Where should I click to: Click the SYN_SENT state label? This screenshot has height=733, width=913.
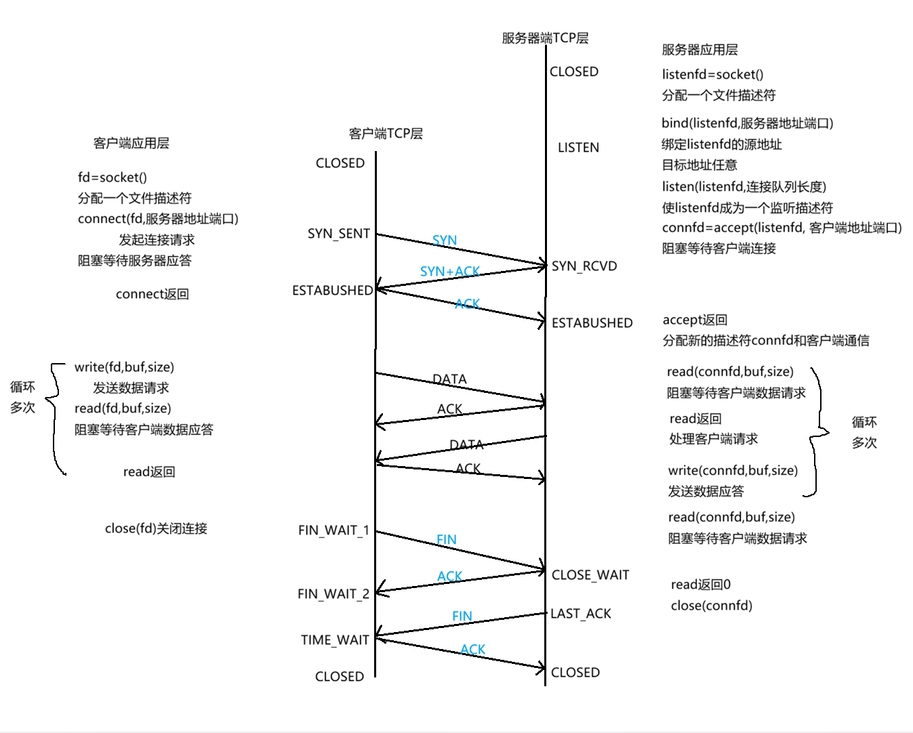(338, 234)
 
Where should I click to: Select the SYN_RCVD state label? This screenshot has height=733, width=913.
(584, 266)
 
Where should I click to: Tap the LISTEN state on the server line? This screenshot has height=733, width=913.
(578, 148)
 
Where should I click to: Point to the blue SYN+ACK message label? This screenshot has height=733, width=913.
(449, 272)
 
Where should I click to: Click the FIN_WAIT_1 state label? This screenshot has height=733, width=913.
(333, 530)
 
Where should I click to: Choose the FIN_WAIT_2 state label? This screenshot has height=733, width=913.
(333, 594)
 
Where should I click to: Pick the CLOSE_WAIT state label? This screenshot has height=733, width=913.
(590, 575)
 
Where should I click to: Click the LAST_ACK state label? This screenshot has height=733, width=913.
(581, 614)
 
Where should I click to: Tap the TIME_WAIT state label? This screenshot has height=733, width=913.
(335, 640)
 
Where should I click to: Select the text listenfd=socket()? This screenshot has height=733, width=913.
(712, 75)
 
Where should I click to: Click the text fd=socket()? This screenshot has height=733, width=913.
(113, 177)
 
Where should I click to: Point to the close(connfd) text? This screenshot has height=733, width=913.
(712, 606)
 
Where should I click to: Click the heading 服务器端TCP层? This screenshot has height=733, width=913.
(545, 39)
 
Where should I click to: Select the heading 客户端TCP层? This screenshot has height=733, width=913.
(386, 134)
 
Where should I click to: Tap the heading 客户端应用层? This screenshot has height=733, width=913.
(131, 144)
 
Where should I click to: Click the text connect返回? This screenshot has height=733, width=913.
(153, 294)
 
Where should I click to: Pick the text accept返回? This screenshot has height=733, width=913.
(695, 320)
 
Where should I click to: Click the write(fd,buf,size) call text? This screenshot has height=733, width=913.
(124, 367)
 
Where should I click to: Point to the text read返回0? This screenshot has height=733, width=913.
(701, 585)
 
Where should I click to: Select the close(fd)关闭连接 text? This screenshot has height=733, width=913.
(156, 528)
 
